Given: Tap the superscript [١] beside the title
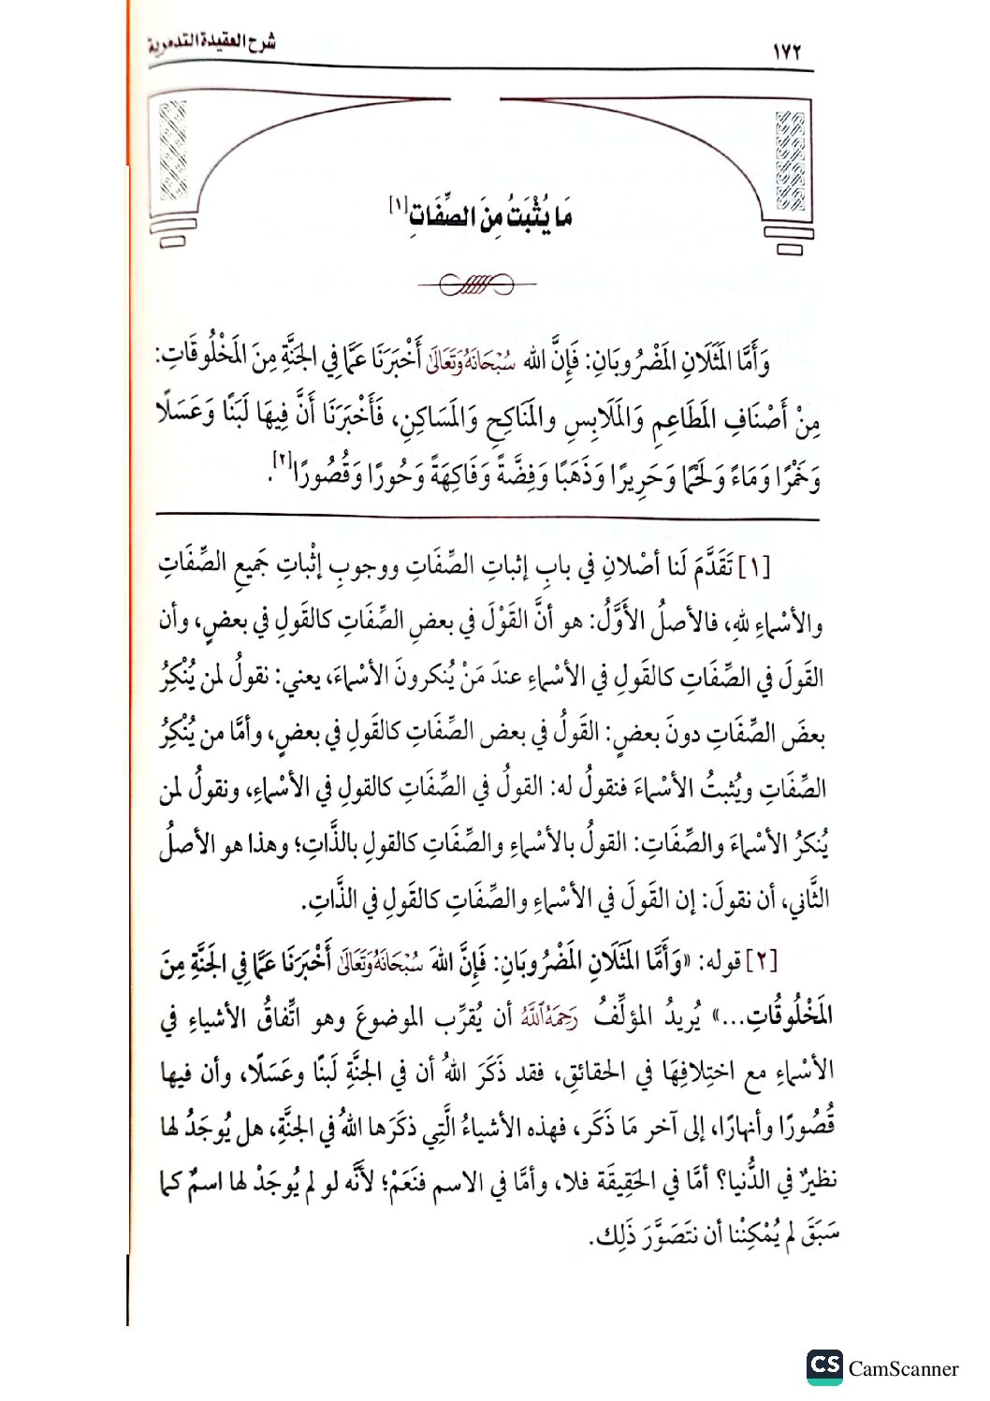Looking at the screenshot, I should pyautogui.click(x=397, y=202).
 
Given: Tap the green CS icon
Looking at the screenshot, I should pyautogui.click(x=824, y=1365).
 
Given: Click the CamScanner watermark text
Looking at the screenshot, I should pyautogui.click(x=903, y=1369).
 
